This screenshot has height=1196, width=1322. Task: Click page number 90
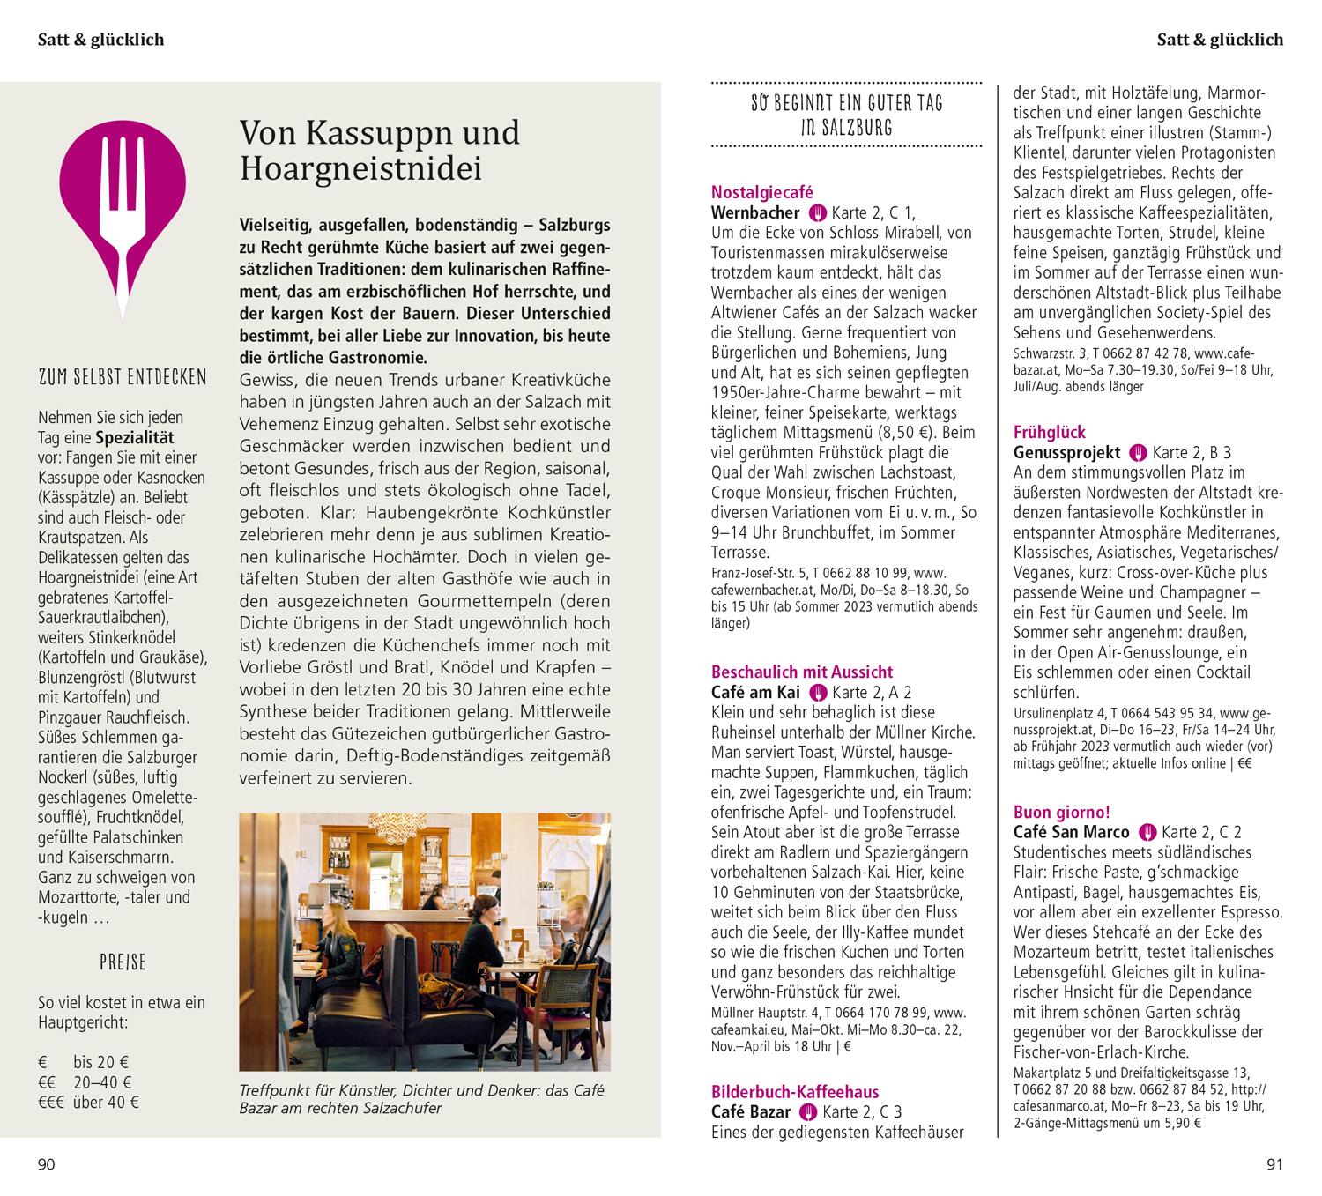[46, 1165]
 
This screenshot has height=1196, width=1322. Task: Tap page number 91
[1274, 1165]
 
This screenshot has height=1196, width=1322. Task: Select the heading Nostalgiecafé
[761, 192]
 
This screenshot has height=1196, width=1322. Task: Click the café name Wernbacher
[754, 212]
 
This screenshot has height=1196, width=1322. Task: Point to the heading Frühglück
[1050, 432]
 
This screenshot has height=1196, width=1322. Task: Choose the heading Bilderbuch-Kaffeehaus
[794, 1092]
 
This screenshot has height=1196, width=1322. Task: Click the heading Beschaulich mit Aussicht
[802, 672]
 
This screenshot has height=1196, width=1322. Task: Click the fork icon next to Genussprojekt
[1139, 453]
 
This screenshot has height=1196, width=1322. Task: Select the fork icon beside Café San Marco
[1147, 832]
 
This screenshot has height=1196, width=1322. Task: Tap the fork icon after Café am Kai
[817, 692]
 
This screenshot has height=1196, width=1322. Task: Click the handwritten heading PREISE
[123, 962]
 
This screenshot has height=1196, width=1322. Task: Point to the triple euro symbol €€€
[53, 1102]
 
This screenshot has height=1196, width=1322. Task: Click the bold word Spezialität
[135, 438]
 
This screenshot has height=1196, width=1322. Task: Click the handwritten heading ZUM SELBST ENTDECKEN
[123, 378]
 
